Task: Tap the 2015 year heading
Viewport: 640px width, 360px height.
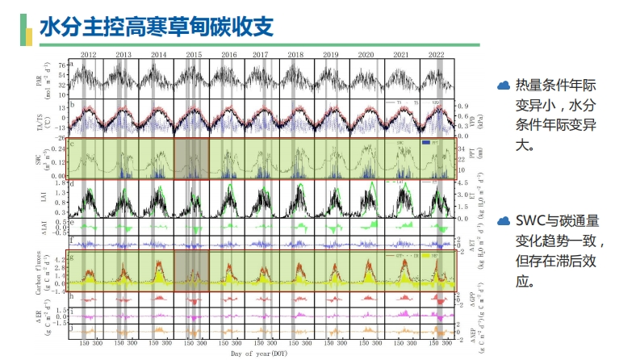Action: tap(194, 54)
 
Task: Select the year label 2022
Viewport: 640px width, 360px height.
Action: tap(436, 54)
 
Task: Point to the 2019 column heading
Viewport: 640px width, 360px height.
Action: tap(331, 54)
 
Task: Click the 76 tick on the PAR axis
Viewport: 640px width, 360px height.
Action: tap(62, 64)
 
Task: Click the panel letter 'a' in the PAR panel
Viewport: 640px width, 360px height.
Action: tap(73, 64)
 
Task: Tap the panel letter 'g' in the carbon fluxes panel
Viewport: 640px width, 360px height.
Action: tap(73, 256)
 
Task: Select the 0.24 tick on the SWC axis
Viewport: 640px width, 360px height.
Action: tap(60, 149)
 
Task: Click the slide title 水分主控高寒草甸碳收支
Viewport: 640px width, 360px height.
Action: tap(156, 27)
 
